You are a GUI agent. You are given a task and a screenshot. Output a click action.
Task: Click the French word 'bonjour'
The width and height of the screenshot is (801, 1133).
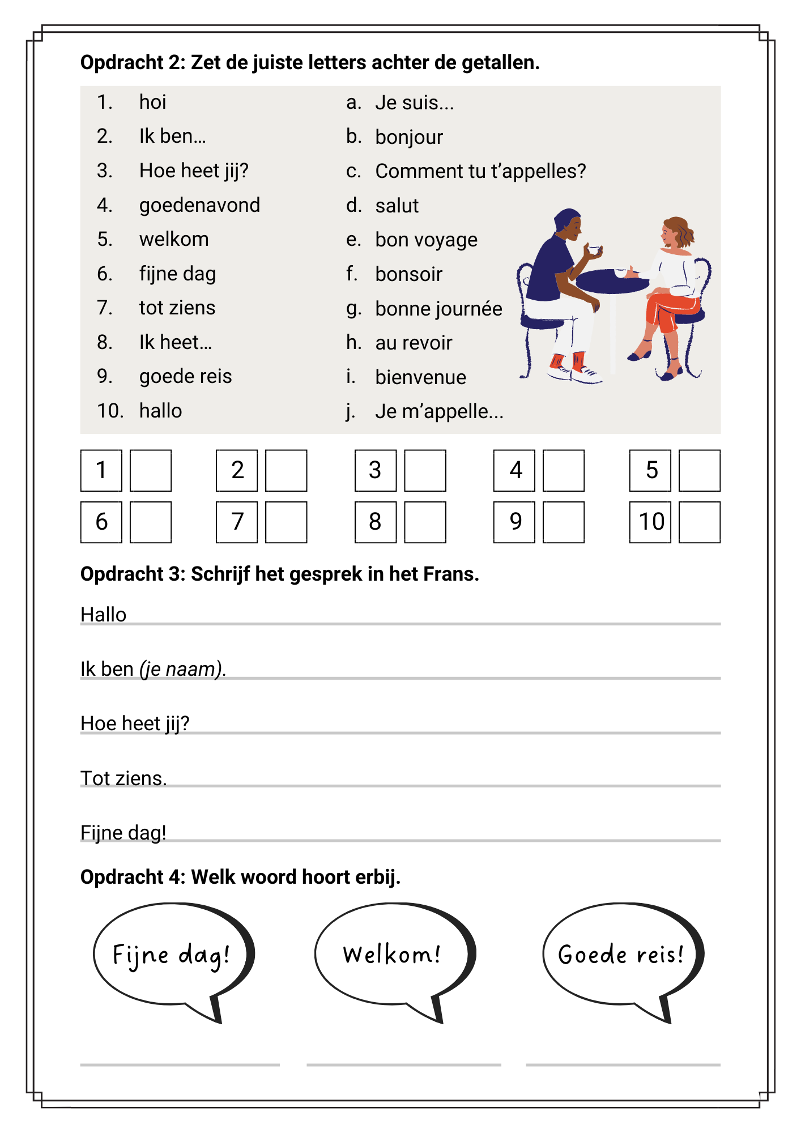(x=408, y=137)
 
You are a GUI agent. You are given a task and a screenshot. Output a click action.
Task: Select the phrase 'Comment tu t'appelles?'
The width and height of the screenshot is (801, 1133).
(x=480, y=171)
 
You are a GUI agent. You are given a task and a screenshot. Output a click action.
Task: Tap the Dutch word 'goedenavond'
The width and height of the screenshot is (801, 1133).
(x=199, y=205)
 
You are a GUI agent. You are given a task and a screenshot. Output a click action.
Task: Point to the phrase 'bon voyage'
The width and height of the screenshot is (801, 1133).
(x=426, y=240)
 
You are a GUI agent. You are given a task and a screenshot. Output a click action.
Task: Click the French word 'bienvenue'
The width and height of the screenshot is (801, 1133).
(x=420, y=377)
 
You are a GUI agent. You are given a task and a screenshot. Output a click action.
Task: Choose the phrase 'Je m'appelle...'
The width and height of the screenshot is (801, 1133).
(x=439, y=411)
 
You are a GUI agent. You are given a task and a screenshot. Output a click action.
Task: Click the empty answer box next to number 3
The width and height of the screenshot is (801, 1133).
(x=425, y=470)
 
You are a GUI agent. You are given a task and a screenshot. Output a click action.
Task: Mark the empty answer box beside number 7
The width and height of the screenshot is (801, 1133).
(x=286, y=522)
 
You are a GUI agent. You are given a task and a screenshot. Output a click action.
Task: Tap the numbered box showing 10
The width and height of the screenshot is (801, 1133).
(x=650, y=522)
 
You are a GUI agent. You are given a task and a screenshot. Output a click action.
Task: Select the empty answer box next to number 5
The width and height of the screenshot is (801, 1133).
(x=699, y=470)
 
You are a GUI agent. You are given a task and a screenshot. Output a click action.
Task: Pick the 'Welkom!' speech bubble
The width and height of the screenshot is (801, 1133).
(x=392, y=955)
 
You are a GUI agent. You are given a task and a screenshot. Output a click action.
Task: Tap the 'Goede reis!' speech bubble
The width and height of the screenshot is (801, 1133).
(x=620, y=955)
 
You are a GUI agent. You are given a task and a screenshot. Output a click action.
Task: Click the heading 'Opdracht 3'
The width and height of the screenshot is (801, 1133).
(x=132, y=574)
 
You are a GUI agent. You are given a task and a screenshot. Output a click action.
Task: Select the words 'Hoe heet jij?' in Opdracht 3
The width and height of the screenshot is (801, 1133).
(x=135, y=723)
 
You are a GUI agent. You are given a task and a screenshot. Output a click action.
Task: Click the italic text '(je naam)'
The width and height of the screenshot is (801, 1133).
(x=182, y=669)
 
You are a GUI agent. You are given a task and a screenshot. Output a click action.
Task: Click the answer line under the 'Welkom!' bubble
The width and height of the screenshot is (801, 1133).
(x=403, y=1064)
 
